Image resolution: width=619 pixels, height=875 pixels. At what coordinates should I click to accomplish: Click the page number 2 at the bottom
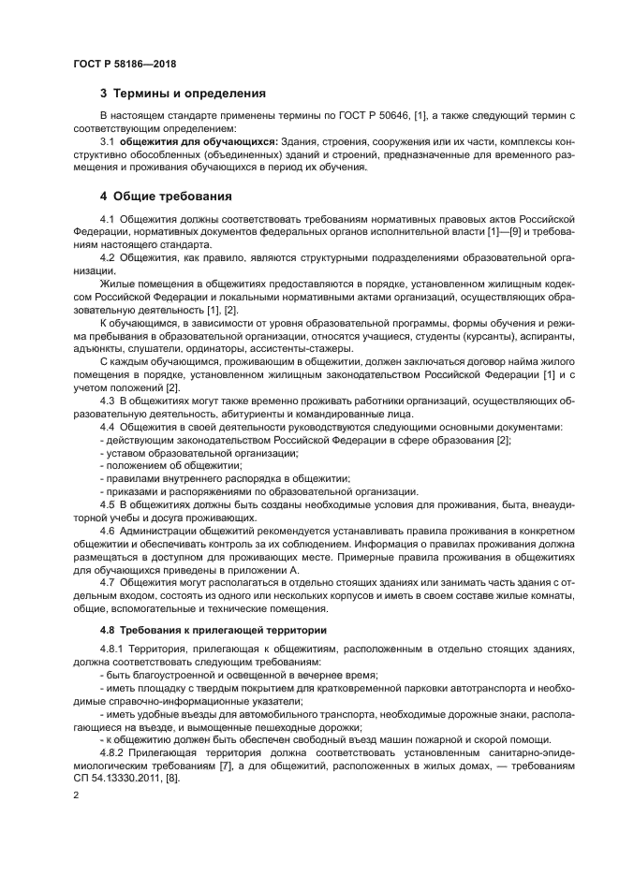coord(76,795)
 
